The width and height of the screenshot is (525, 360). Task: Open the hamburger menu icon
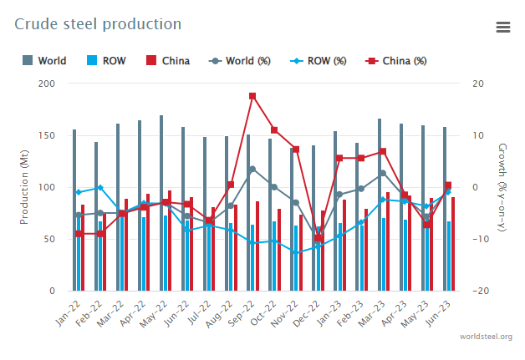(x=502, y=28)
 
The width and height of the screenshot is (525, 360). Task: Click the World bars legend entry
(x=44, y=61)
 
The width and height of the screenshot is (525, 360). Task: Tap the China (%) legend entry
(x=398, y=61)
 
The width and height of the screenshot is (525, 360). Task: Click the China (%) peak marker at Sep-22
(x=252, y=96)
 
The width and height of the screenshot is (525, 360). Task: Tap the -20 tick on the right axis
(x=477, y=291)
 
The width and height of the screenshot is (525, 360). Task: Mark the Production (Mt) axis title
(x=24, y=187)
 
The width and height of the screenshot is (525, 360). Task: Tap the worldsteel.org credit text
(x=486, y=336)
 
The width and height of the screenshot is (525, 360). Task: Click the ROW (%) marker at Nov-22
(x=296, y=252)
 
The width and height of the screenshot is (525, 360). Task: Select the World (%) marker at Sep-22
(x=252, y=170)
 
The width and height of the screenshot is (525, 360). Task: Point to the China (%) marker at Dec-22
(x=318, y=238)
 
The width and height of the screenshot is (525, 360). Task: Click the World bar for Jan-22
(x=74, y=210)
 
